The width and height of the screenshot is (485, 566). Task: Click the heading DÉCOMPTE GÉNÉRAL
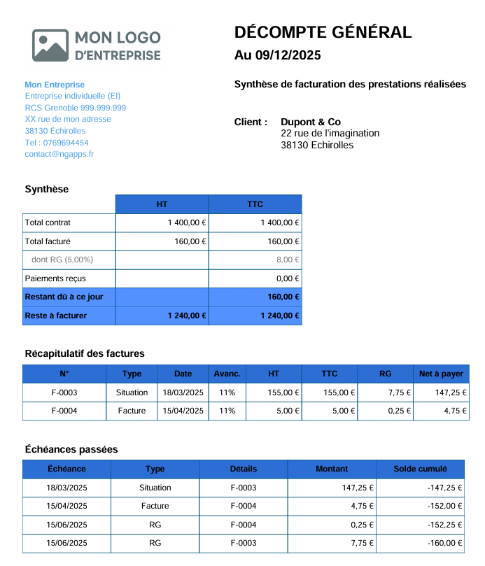(323, 32)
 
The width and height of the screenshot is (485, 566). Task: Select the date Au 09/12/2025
(277, 55)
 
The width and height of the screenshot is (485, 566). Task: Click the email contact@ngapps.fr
(59, 154)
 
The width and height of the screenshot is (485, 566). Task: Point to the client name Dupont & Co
(311, 122)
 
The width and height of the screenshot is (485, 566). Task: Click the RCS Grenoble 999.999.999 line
(76, 108)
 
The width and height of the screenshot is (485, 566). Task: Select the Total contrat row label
(48, 222)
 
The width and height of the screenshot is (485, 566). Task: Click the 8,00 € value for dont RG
(288, 260)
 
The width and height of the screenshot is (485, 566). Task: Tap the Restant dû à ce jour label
(64, 297)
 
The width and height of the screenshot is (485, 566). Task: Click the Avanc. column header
(227, 374)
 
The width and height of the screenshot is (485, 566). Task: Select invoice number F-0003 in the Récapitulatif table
(64, 392)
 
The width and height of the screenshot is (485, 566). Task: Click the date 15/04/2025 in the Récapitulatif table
(183, 411)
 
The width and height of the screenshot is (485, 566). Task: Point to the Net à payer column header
(441, 374)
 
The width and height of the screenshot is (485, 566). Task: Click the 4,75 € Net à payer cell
(454, 411)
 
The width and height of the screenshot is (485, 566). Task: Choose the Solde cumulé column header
(420, 469)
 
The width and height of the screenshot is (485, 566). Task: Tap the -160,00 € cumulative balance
(444, 544)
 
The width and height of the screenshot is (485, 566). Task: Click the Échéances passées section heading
(71, 449)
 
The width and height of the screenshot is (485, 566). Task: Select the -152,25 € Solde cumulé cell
(444, 525)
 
